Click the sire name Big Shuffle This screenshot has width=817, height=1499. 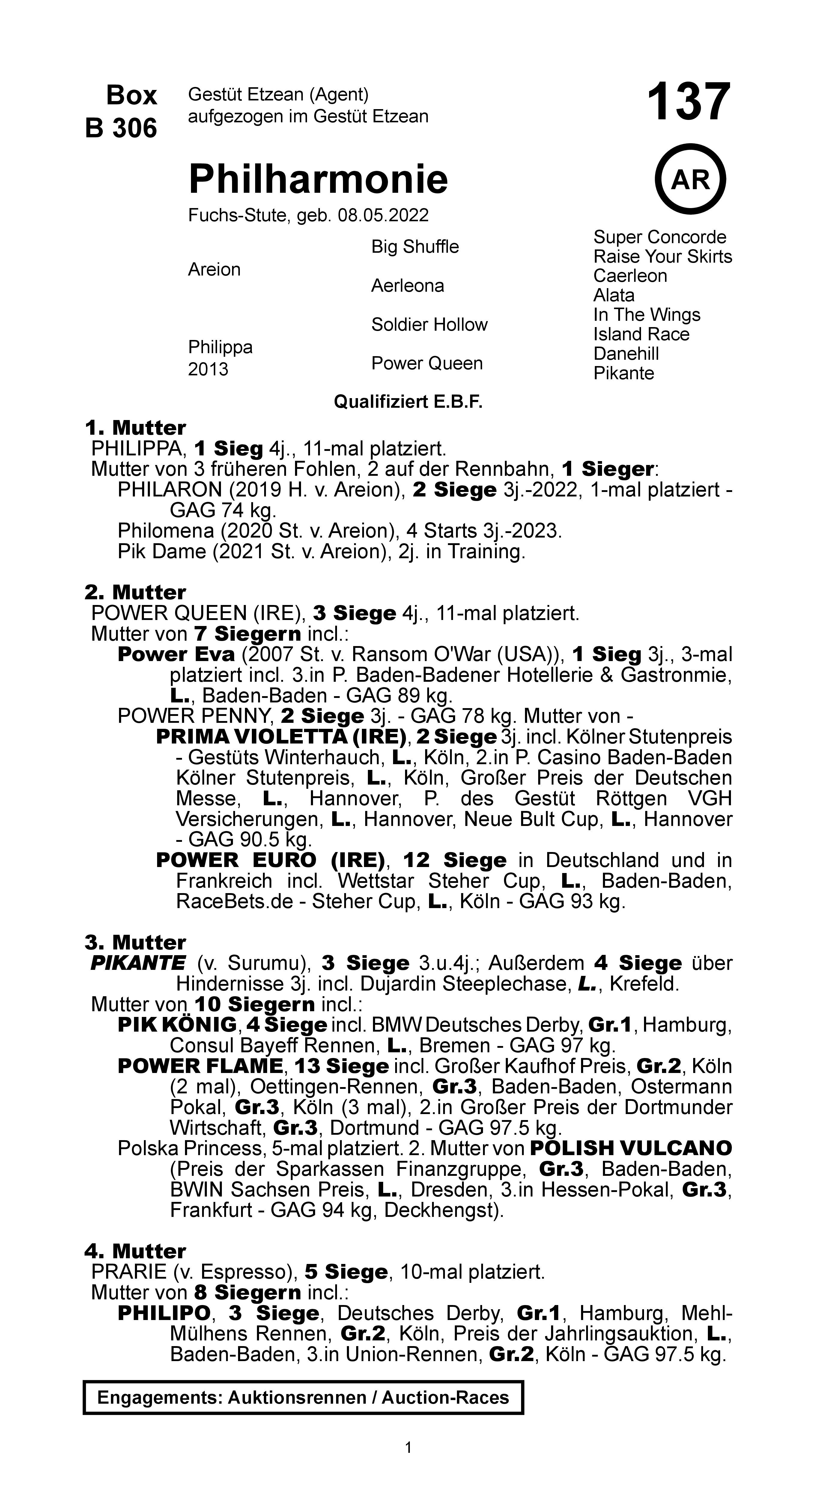[x=415, y=247]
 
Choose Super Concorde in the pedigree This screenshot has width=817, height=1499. [x=659, y=237]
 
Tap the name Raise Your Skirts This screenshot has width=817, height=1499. [x=662, y=257]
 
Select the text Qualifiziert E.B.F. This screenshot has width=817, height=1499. [x=408, y=402]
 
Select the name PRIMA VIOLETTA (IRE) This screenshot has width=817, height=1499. [x=281, y=737]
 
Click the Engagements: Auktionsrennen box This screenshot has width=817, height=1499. [x=303, y=1397]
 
